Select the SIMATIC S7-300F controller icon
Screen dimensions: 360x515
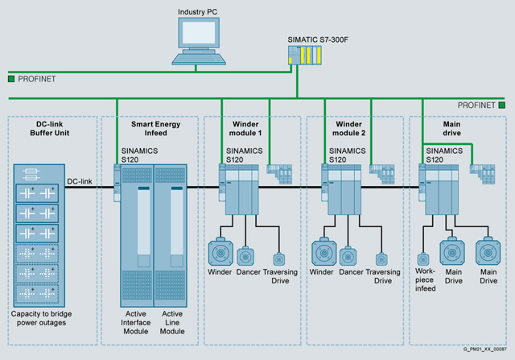[306, 57]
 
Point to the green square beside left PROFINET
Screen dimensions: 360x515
[10, 79]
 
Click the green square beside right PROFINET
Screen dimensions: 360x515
[501, 105]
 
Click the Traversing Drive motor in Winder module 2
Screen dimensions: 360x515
[381, 259]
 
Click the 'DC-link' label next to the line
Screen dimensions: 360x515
[79, 182]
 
